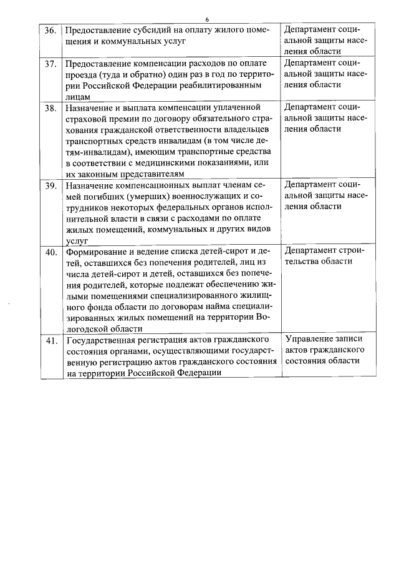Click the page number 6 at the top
click(x=207, y=19)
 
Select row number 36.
click(x=51, y=30)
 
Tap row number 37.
click(x=51, y=64)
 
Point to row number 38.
click(x=51, y=108)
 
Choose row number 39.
click(x=51, y=185)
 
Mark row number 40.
click(x=51, y=252)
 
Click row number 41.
click(x=51, y=341)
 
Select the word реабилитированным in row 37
click(x=237, y=86)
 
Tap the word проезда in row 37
click(x=80, y=75)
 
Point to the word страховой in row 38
click(x=85, y=119)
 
